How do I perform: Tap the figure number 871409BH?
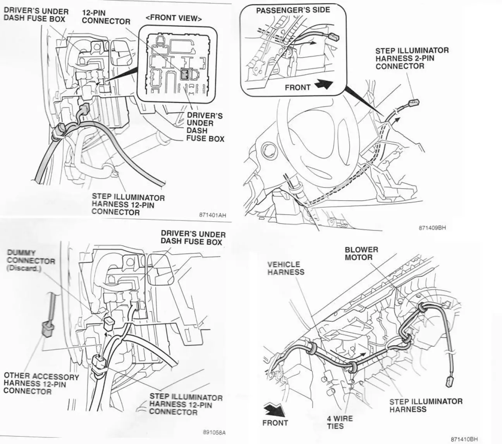(x=432, y=228)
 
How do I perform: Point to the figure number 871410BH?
(x=464, y=439)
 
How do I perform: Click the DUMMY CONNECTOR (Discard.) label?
(x=31, y=260)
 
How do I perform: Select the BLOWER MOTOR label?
(x=361, y=253)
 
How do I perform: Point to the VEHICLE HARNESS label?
(x=286, y=268)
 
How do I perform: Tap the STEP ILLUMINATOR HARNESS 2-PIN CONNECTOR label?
(x=412, y=58)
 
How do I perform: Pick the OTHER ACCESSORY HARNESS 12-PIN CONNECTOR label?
(x=41, y=384)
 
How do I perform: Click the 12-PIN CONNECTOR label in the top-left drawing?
(x=106, y=17)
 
